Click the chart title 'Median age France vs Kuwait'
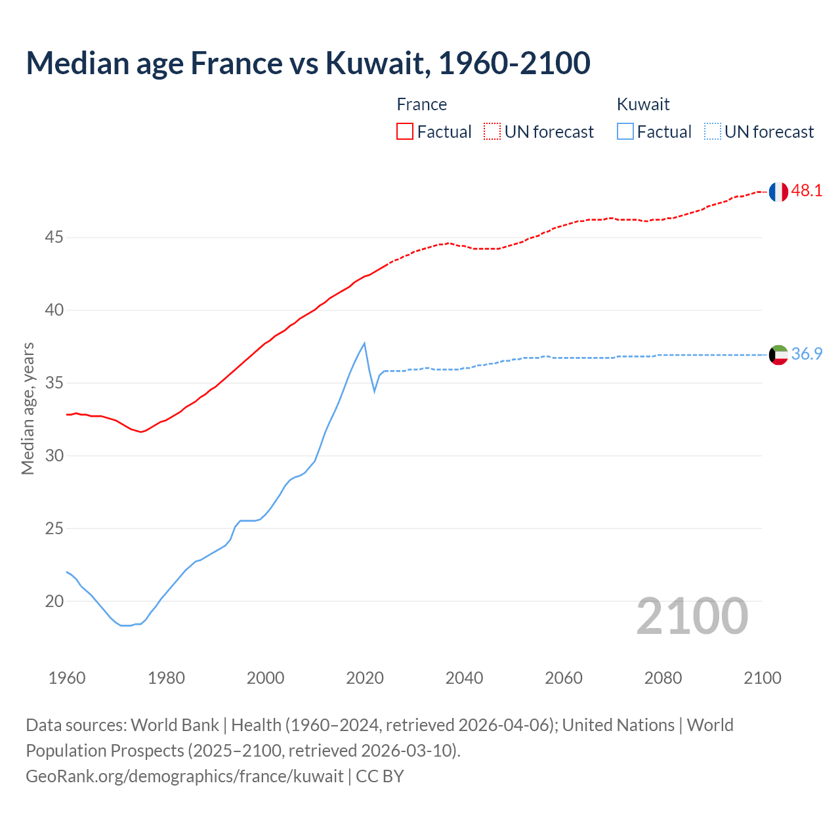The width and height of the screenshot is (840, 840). click(308, 63)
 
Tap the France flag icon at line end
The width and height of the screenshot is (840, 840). click(778, 192)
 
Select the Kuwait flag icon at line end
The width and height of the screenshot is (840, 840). click(778, 355)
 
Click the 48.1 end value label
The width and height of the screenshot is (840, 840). click(807, 191)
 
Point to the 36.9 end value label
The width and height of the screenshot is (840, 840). click(807, 354)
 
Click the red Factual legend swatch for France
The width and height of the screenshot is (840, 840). click(405, 131)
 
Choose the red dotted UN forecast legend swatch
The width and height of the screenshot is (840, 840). click(492, 131)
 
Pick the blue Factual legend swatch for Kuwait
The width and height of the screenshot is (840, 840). click(625, 131)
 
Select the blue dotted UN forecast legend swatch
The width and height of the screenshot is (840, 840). click(712, 131)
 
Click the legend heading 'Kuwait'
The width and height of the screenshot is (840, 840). click(643, 104)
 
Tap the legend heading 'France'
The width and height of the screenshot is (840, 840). click(422, 104)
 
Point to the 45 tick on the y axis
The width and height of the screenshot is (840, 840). click(54, 238)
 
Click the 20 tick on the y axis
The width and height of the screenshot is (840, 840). click(54, 601)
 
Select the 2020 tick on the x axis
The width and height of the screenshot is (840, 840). click(365, 678)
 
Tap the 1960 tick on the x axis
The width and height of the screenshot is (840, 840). click(67, 678)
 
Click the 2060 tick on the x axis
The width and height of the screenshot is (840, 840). click(564, 678)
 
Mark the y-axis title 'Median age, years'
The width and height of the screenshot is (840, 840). click(28, 408)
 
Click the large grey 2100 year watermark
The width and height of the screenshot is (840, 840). click(692, 616)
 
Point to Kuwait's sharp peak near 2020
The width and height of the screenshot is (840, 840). click(364, 343)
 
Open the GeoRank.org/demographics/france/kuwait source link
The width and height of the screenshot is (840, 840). click(184, 776)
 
